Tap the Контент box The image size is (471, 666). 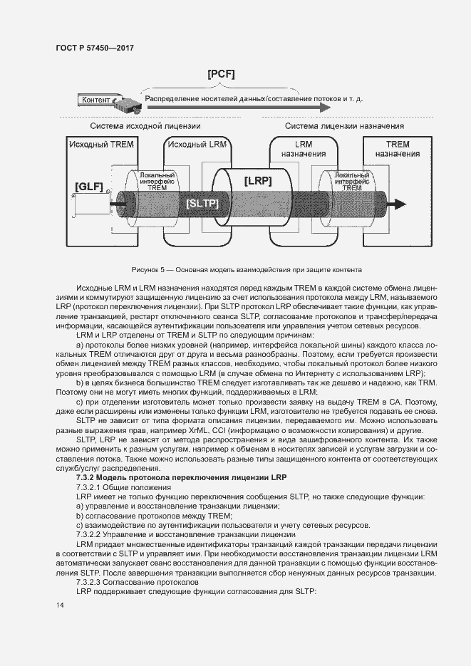pos(97,100)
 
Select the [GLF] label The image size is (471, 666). pos(89,187)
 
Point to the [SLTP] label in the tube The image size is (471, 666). pos(202,204)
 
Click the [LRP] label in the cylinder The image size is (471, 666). pos(258,181)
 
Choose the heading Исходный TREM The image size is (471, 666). pos(101,144)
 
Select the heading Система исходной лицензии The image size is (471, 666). pos(145,126)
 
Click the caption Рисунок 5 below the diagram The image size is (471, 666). pos(246,270)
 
